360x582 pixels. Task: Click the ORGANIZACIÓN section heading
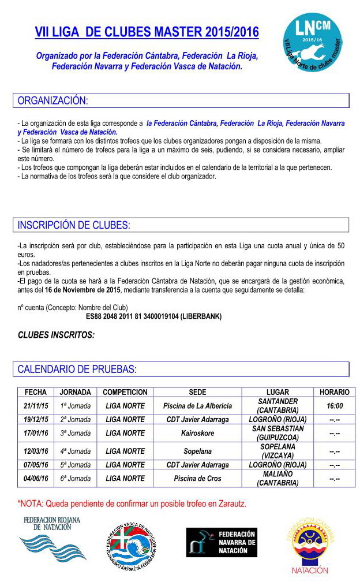pos(53,100)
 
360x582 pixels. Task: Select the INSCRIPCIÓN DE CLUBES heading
pos(74,225)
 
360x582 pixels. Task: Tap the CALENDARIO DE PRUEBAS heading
pos(77,369)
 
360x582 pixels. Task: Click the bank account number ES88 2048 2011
pos(153,316)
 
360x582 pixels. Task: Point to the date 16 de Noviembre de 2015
pos(82,290)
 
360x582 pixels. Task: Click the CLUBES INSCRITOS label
pos(56,335)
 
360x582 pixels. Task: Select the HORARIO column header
pos(334,392)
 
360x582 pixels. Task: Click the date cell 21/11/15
pos(36,406)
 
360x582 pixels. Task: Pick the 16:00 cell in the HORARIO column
pos(334,406)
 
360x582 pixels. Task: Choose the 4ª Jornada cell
pos(76,451)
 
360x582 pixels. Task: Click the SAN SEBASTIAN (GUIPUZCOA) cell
pos(278,433)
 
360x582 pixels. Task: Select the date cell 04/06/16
pos(36,479)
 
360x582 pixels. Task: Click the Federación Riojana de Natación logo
pos(52,539)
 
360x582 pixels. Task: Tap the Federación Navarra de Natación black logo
pos(221,543)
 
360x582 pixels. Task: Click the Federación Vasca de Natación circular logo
pos(131,546)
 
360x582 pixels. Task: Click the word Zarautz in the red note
pos(230,504)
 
